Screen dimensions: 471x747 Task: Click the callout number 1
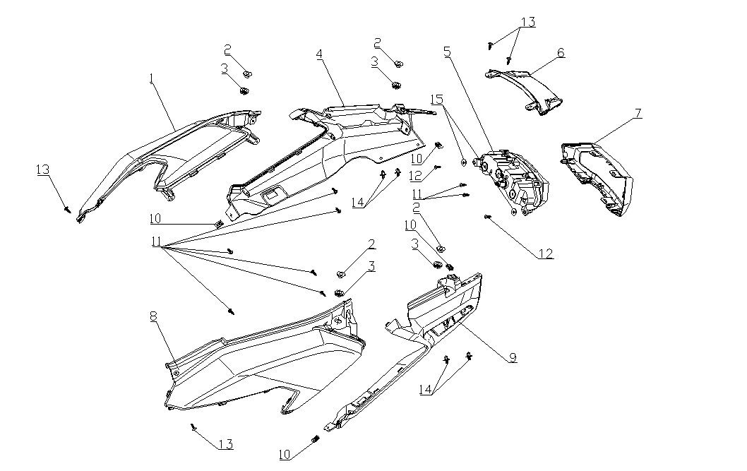(x=151, y=78)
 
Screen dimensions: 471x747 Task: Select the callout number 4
(x=320, y=54)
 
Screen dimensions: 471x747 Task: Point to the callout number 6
(x=561, y=52)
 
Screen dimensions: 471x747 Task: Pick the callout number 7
(x=638, y=114)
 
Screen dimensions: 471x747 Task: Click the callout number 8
(x=153, y=316)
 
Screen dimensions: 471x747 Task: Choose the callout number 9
(x=512, y=358)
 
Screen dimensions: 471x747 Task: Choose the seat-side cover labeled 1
(x=169, y=152)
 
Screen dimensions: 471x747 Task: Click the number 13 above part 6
(x=527, y=22)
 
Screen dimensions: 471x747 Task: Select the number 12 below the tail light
(x=546, y=254)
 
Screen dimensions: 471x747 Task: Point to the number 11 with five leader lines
(x=156, y=242)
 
